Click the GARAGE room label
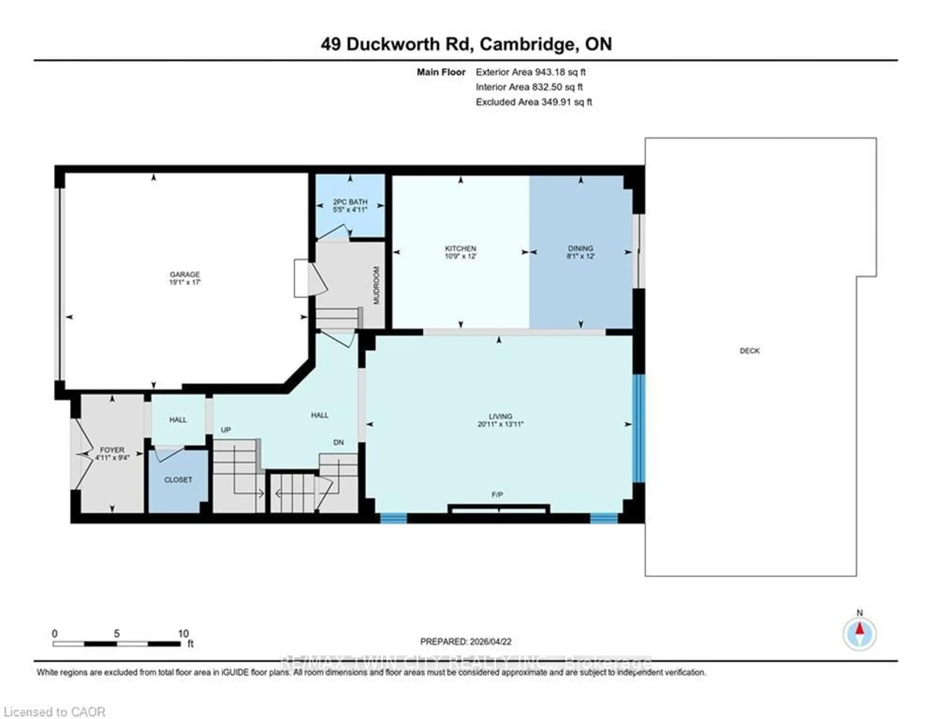(185, 274)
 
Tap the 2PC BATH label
(350, 202)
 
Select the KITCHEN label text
(460, 248)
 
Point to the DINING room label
(580, 248)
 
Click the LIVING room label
(500, 416)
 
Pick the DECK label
(749, 351)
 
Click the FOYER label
(112, 450)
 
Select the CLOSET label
(178, 480)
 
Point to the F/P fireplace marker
(497, 495)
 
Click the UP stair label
(226, 430)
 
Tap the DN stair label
(338, 443)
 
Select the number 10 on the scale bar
(183, 633)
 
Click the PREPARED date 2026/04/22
(490, 641)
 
